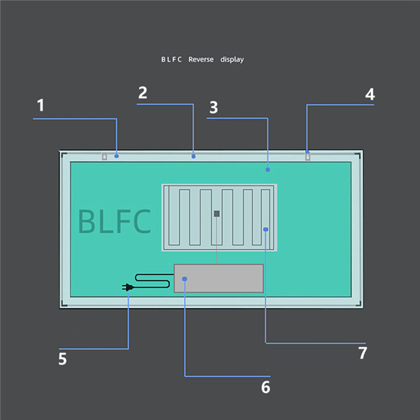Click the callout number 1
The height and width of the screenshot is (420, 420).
pos(41,106)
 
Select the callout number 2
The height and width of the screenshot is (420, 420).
pos(142,93)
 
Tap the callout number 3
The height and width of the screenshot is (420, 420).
pos(213,108)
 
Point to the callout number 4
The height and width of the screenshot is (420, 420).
pos(370,94)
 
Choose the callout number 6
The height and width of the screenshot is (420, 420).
pos(265,386)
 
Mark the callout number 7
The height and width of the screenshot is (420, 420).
pos(362,353)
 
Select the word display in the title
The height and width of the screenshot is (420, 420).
pos(232,59)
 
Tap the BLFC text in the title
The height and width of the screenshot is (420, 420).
pos(171,59)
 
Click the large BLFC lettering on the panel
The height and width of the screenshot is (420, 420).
pos(114,221)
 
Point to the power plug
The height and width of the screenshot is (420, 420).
pos(127,287)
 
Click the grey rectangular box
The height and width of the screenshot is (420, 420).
pos(218,279)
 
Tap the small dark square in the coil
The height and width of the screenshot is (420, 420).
pos(217,213)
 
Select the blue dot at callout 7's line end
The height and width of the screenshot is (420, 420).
pos(265,229)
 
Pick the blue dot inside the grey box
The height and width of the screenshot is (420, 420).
pos(185,279)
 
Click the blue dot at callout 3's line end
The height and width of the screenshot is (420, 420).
pos(267,169)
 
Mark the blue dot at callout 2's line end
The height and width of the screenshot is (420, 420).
pos(193,156)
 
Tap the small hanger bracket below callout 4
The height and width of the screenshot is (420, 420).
pos(307,156)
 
